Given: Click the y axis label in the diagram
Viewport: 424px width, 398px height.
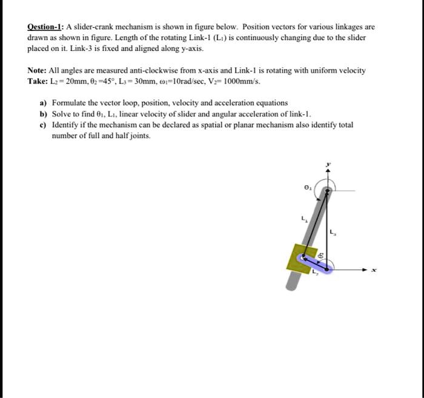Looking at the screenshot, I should [x=328, y=164].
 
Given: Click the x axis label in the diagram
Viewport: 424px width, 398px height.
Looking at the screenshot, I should [x=374, y=270].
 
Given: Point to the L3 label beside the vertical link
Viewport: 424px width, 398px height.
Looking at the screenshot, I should [x=333, y=233].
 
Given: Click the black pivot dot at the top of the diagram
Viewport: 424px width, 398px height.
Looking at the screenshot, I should [x=327, y=191].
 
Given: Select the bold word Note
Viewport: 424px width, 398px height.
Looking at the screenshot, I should [x=37, y=71].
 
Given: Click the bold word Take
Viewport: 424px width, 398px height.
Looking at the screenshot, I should [x=38, y=81].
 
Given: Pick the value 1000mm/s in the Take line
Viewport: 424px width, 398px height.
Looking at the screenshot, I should [x=243, y=81].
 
